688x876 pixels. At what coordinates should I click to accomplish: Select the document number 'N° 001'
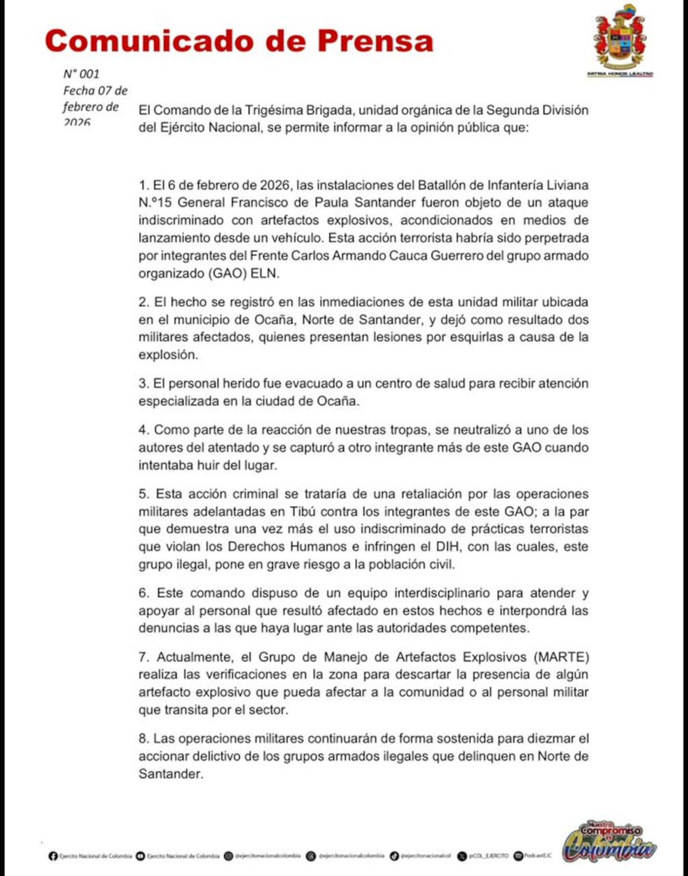pos(81,74)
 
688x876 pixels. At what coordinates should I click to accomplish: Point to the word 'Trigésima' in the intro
pos(274,110)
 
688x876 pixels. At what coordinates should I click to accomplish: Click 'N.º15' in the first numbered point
pos(155,203)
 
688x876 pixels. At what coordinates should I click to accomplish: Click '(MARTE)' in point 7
pos(561,657)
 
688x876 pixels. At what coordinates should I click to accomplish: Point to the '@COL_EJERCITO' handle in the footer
pos(488,856)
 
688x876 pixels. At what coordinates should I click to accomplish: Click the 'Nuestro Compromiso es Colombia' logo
pos(608,842)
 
